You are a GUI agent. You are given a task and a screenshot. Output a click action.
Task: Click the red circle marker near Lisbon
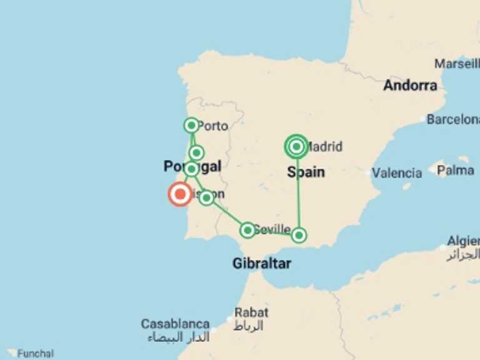coord(180,194)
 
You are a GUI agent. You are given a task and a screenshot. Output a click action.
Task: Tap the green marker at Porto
coord(191,125)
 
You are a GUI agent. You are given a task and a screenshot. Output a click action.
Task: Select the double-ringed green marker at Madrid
coord(296,147)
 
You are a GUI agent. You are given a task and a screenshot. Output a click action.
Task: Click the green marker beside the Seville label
coord(247,230)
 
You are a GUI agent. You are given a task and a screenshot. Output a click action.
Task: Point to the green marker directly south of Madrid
coord(299,235)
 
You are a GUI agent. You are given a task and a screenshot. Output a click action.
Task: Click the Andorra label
coord(410,86)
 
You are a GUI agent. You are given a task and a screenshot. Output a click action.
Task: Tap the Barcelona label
coord(452,119)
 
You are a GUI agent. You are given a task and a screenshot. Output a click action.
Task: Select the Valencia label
coord(397,173)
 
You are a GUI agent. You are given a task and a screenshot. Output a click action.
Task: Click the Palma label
coord(455,169)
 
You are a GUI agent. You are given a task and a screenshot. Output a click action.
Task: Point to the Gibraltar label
coord(261,264)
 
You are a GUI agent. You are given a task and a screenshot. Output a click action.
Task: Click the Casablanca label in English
coord(175,324)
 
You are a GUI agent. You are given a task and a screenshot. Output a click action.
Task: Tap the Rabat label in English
coord(251,312)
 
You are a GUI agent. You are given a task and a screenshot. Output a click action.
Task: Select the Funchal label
coord(35,354)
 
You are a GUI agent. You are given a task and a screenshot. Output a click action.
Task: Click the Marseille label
coord(457,64)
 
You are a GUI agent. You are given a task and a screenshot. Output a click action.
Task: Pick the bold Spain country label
coord(306,171)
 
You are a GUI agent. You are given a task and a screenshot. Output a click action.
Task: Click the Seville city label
coord(273,229)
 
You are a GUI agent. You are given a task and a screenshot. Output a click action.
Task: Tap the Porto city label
coord(214,126)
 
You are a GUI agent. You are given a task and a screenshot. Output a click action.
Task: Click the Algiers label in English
coord(463,241)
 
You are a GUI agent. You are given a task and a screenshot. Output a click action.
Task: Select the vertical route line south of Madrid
coord(298,194)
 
